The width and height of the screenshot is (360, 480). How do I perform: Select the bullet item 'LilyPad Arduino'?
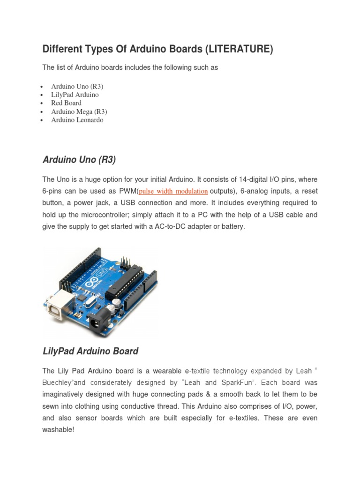pyautogui.click(x=75, y=95)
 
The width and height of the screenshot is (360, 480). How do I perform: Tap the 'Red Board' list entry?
pyautogui.click(x=66, y=103)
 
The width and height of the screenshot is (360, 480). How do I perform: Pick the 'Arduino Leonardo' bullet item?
pyautogui.click(x=77, y=120)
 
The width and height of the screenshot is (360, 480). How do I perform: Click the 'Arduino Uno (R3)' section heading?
pyautogui.click(x=79, y=160)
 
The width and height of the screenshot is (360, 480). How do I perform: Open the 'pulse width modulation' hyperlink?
pyautogui.click(x=173, y=191)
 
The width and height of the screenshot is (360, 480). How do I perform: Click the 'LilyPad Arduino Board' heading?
pyautogui.click(x=90, y=351)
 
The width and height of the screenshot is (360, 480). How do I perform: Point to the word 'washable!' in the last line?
pyautogui.click(x=58, y=429)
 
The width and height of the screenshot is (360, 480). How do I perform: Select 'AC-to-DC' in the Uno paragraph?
pyautogui.click(x=173, y=226)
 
